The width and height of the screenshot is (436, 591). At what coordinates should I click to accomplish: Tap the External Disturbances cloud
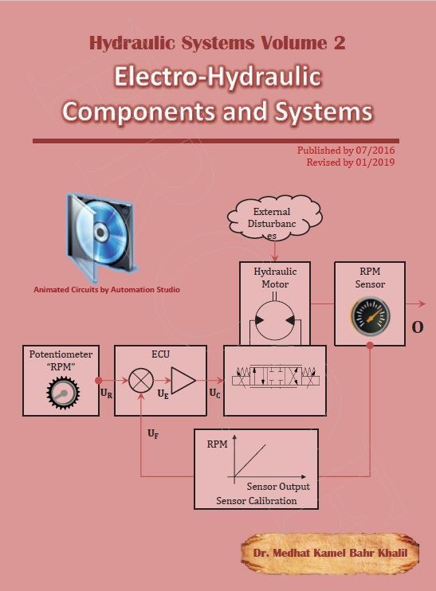[x=274, y=218]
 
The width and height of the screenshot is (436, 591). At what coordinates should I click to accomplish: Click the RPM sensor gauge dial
[x=371, y=316]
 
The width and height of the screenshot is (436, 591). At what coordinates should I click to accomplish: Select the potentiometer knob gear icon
[x=63, y=393]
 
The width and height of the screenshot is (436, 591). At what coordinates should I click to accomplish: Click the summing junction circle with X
[x=141, y=381]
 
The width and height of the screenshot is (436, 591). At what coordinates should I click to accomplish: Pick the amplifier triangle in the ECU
[x=183, y=380]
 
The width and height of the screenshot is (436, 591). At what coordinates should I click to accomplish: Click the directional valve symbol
[x=275, y=376]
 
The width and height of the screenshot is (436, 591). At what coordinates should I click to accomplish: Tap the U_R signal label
[x=106, y=393]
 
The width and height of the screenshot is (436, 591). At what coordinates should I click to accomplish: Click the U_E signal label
[x=163, y=394]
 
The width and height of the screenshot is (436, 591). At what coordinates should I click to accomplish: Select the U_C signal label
[x=214, y=393]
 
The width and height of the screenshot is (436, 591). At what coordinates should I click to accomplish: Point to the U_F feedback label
[x=153, y=434]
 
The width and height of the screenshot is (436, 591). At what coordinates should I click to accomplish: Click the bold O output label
[x=417, y=327]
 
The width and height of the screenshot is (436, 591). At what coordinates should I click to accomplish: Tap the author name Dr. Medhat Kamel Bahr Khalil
[x=331, y=553]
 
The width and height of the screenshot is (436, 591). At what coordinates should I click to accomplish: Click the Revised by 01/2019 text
[x=351, y=162]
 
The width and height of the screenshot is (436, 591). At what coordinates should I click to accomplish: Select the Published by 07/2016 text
[x=346, y=151]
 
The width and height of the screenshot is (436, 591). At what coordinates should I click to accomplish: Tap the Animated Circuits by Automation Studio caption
[x=107, y=290]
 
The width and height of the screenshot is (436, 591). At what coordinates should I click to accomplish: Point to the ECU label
[x=161, y=354]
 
